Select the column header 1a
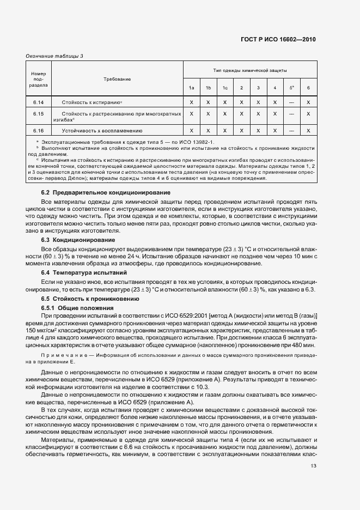191,88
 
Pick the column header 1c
224,88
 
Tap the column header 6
308,88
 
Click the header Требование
117,79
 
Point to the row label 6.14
38,102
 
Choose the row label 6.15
38,113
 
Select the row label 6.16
38,130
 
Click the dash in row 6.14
291,102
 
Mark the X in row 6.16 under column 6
308,130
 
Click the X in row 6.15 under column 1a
191,113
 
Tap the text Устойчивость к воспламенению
102,131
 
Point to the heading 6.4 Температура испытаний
86,272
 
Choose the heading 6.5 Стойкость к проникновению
90,299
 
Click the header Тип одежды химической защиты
250,71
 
